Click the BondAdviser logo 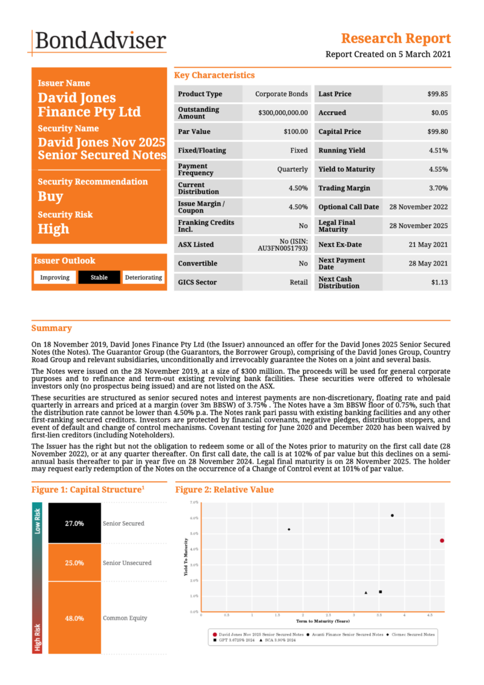pyautogui.click(x=99, y=41)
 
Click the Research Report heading pyautogui.click(x=396, y=39)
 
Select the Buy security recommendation pyautogui.click(x=51, y=197)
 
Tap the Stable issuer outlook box pyautogui.click(x=99, y=278)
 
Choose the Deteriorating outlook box pyautogui.click(x=143, y=278)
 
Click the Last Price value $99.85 pyautogui.click(x=437, y=94)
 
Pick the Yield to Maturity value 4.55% pyautogui.click(x=438, y=169)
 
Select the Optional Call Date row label pyautogui.click(x=348, y=207)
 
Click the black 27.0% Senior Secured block pyautogui.click(x=74, y=523)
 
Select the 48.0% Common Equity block pyautogui.click(x=74, y=618)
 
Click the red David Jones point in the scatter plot pyautogui.click(x=442, y=540)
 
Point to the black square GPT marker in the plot pyautogui.click(x=381, y=592)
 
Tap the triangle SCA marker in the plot pyautogui.click(x=366, y=592)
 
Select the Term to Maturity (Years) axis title pyautogui.click(x=322, y=621)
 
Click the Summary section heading pyautogui.click(x=51, y=328)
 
